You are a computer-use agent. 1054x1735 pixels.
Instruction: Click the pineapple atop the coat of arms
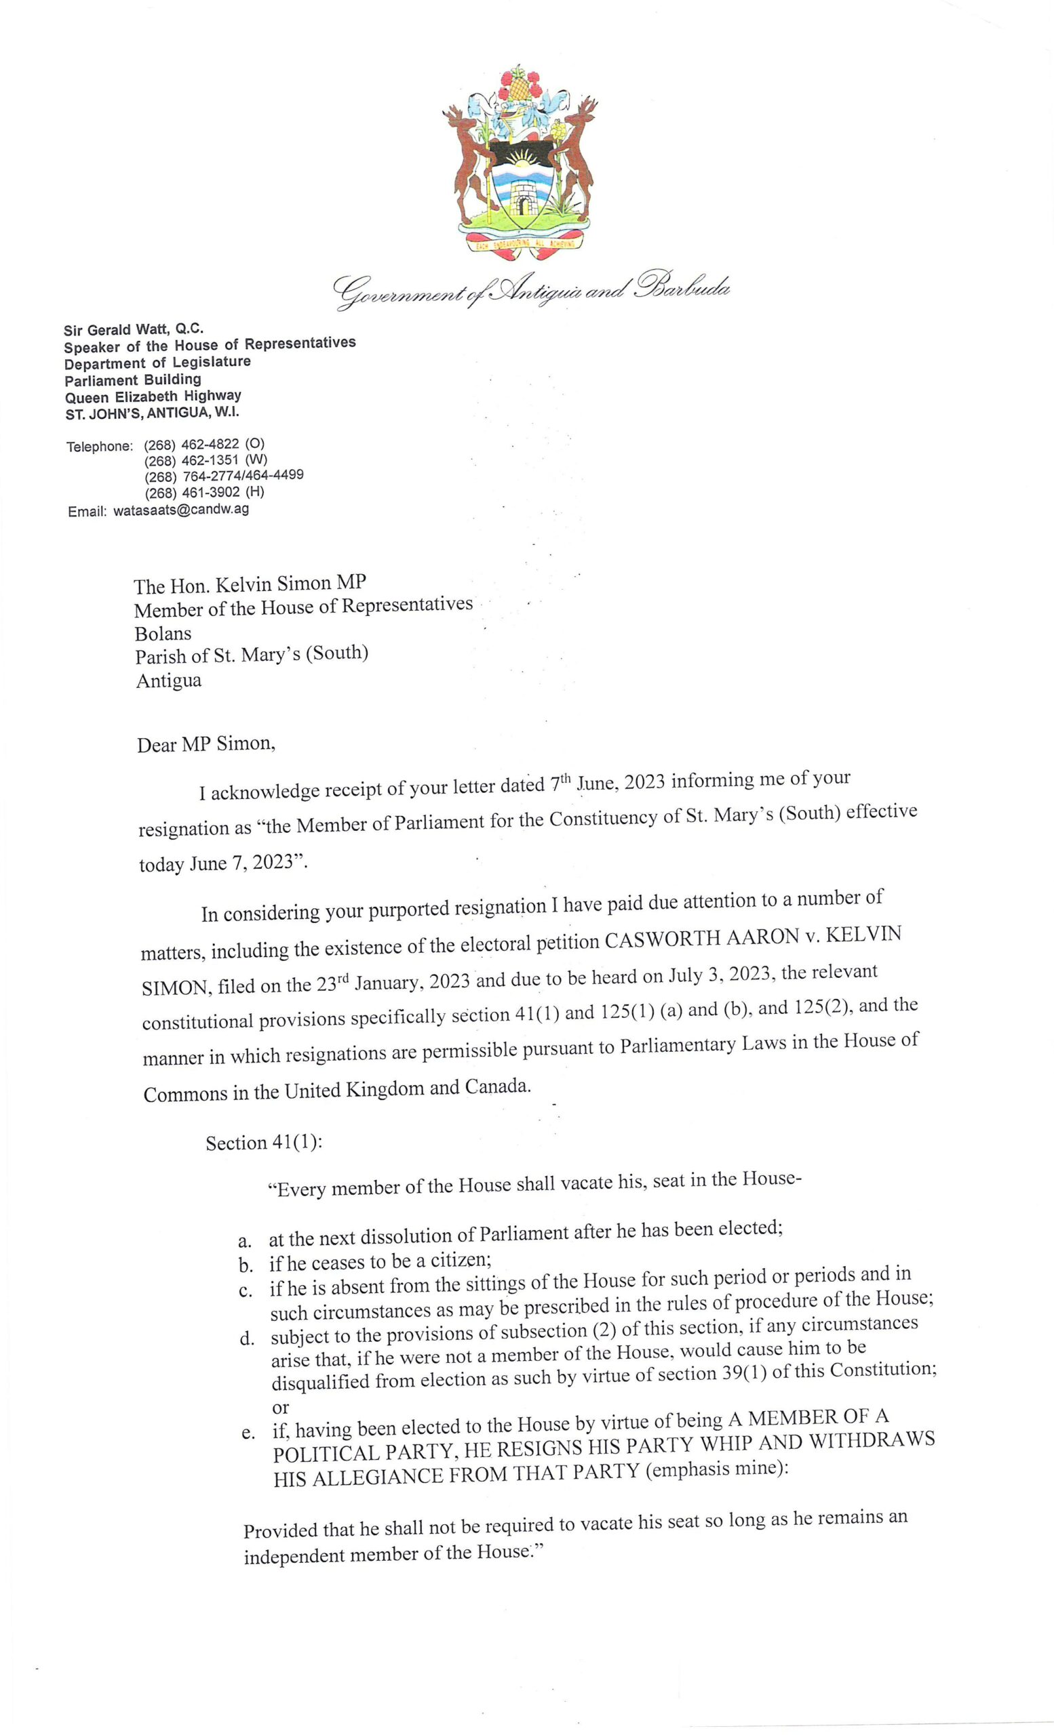[520, 85]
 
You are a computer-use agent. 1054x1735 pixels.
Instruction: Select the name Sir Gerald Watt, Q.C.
[134, 329]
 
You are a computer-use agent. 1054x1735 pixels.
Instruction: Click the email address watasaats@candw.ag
[180, 510]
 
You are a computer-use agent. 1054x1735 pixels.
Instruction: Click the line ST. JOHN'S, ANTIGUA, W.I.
[152, 413]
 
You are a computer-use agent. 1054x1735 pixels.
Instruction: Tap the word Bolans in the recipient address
[163, 632]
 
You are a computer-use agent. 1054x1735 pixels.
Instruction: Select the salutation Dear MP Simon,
[206, 744]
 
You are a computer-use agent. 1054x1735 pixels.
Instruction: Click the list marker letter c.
[245, 1290]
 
